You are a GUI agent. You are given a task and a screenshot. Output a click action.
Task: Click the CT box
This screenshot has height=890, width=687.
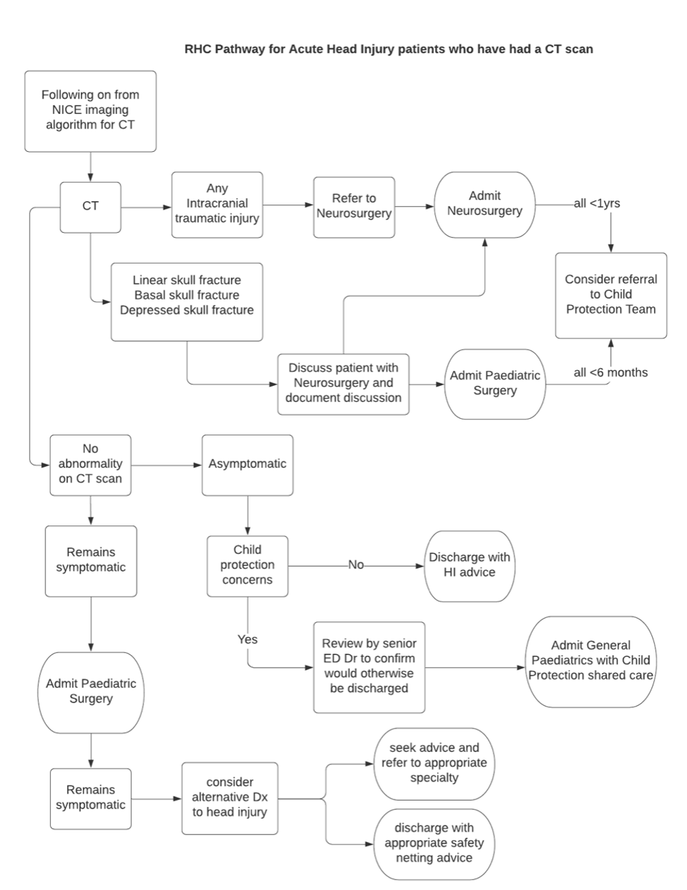90,206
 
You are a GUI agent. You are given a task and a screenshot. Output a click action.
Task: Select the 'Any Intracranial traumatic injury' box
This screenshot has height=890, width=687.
217,204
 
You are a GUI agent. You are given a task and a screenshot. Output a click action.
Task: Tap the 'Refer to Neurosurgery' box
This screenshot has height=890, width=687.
354,206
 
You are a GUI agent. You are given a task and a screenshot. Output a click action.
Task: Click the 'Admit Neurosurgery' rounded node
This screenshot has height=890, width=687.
485,204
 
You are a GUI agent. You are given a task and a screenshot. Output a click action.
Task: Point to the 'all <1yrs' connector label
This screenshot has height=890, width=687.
596,204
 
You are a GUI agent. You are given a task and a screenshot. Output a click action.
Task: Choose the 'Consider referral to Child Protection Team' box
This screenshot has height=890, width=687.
611,295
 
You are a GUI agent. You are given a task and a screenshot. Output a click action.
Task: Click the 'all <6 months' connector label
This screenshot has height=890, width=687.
610,373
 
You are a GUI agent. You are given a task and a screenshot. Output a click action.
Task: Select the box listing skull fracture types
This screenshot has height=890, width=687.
187,301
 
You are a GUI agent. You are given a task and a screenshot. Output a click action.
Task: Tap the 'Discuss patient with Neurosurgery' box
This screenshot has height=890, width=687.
343,383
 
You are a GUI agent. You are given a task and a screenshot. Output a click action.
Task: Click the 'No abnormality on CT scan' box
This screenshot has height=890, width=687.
90,464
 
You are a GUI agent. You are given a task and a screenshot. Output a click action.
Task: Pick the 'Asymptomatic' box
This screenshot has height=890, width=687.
247,464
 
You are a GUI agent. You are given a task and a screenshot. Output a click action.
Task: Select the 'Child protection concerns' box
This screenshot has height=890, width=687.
247,565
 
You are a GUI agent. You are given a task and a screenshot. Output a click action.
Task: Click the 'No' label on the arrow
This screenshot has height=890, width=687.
356,565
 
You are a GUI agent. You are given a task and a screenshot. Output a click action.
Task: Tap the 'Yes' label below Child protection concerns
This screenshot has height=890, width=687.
247,639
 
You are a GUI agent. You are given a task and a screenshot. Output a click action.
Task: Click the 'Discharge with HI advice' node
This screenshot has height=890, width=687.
469,565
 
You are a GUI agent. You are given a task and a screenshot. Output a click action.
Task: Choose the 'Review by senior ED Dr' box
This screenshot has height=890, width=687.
369,666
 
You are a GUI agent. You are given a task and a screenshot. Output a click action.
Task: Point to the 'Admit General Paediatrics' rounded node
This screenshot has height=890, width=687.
590,661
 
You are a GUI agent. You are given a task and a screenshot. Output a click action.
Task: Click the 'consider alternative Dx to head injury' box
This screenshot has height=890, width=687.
229,797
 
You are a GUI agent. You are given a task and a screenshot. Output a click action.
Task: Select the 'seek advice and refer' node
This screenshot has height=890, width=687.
434,763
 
